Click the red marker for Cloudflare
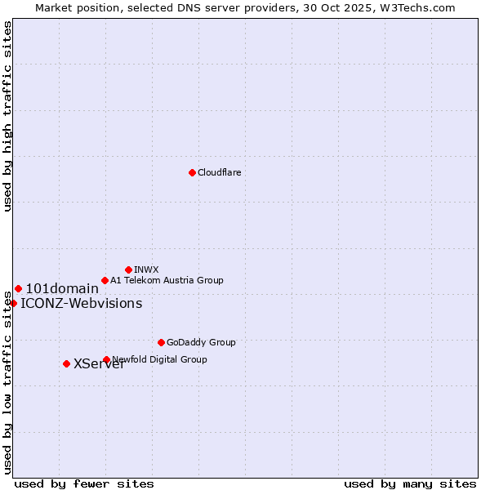pyautogui.click(x=192, y=172)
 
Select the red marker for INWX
pyautogui.click(x=128, y=269)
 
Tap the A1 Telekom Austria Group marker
pyautogui.click(x=105, y=280)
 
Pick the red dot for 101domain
pyautogui.click(x=18, y=288)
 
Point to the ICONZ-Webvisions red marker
pyautogui.click(x=13, y=303)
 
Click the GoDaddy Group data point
pyautogui.click(x=161, y=342)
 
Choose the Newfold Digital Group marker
pyautogui.click(x=106, y=359)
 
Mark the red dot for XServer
pyautogui.click(x=66, y=363)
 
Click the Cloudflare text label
pyautogui.click(x=219, y=172)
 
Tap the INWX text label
pyautogui.click(x=146, y=269)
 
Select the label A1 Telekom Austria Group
pyautogui.click(x=167, y=280)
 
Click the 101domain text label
pyautogui.click(x=62, y=288)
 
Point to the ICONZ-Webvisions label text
pyautogui.click(x=81, y=304)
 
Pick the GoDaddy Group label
pyautogui.click(x=201, y=342)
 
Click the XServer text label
pyautogui.click(x=99, y=364)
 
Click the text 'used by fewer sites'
pyautogui.click(x=84, y=483)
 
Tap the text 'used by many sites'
pyautogui.click(x=410, y=483)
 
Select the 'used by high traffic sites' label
pyautogui.click(x=7, y=117)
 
